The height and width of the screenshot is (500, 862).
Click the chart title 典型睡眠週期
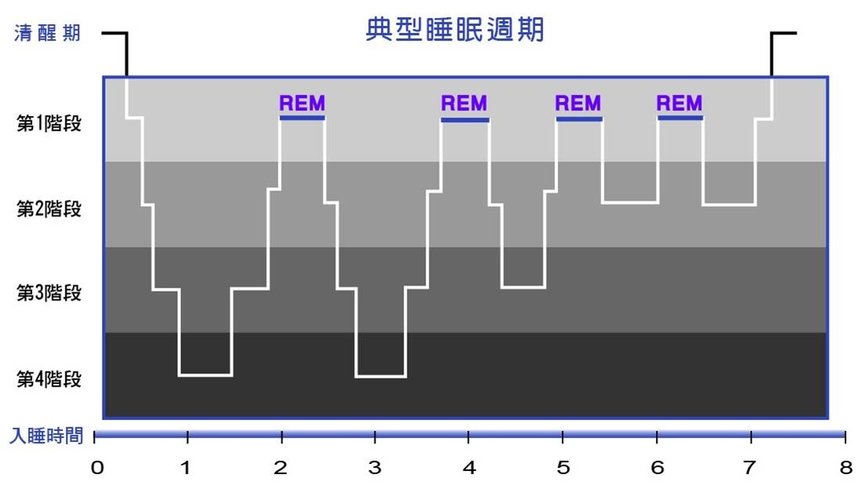click(x=455, y=31)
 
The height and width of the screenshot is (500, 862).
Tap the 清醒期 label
click(x=47, y=34)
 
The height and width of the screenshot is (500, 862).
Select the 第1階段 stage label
click(x=49, y=124)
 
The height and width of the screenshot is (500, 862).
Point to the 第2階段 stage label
click(x=49, y=209)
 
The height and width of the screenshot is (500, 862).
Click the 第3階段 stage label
click(x=49, y=293)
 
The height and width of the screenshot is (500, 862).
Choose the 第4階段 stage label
click(x=49, y=379)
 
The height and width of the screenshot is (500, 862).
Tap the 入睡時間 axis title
click(x=46, y=437)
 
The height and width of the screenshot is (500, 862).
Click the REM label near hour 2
click(x=302, y=103)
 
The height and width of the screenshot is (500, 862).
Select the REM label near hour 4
click(x=464, y=103)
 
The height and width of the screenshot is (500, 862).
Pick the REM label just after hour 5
click(x=578, y=103)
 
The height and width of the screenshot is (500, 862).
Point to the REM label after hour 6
click(x=679, y=103)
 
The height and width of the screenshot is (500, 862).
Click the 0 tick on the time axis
click(x=96, y=468)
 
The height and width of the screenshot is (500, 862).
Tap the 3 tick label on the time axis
click(x=375, y=468)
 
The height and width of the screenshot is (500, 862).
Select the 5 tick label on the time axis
click(x=563, y=468)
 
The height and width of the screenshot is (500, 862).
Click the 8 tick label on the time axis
click(x=845, y=468)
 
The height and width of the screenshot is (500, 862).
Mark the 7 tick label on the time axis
click(x=750, y=468)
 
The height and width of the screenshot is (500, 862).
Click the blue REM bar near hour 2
click(x=302, y=118)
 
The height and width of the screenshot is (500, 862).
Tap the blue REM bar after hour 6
click(x=680, y=118)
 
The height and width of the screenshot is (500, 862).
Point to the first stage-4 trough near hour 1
click(x=205, y=375)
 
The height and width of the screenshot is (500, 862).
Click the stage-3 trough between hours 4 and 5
click(x=523, y=288)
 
